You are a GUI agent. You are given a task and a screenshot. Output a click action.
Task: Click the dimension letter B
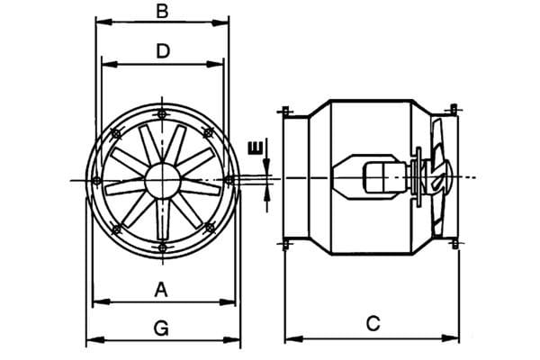tap(162, 11)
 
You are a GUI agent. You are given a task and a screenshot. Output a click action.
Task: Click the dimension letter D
tap(163, 51)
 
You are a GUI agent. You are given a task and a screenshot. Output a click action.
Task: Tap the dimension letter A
tap(161, 290)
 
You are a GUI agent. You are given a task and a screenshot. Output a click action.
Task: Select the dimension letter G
tap(161, 328)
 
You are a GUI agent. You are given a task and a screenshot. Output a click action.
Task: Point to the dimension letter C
tap(373, 324)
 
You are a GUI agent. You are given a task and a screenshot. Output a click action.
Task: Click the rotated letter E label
tap(256, 148)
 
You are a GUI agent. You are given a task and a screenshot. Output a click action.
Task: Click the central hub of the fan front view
tap(163, 181)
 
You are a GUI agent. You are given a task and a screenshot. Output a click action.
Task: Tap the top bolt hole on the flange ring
tap(161, 113)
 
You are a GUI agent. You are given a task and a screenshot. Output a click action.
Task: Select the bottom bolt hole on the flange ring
tap(162, 247)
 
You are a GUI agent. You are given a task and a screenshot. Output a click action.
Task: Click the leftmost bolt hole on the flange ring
tap(97, 180)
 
